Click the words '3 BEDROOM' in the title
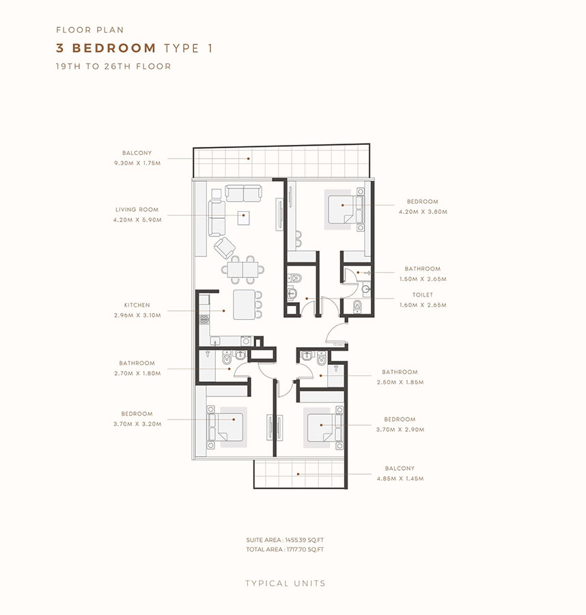pyautogui.click(x=107, y=48)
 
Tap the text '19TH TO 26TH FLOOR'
pyautogui.click(x=113, y=66)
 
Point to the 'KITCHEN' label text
pyautogui.click(x=137, y=305)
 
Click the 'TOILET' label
pyautogui.click(x=423, y=295)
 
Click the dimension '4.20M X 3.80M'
pyautogui.click(x=423, y=212)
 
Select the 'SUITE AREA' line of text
pyautogui.click(x=285, y=540)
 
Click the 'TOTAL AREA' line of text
pyautogui.click(x=285, y=549)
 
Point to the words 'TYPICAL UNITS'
pyautogui.click(x=285, y=584)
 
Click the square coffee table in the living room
pyautogui.click(x=244, y=217)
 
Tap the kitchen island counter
pyautogui.click(x=242, y=304)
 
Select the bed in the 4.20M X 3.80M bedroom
pyautogui.click(x=343, y=205)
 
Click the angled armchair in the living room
pyautogui.click(x=224, y=247)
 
